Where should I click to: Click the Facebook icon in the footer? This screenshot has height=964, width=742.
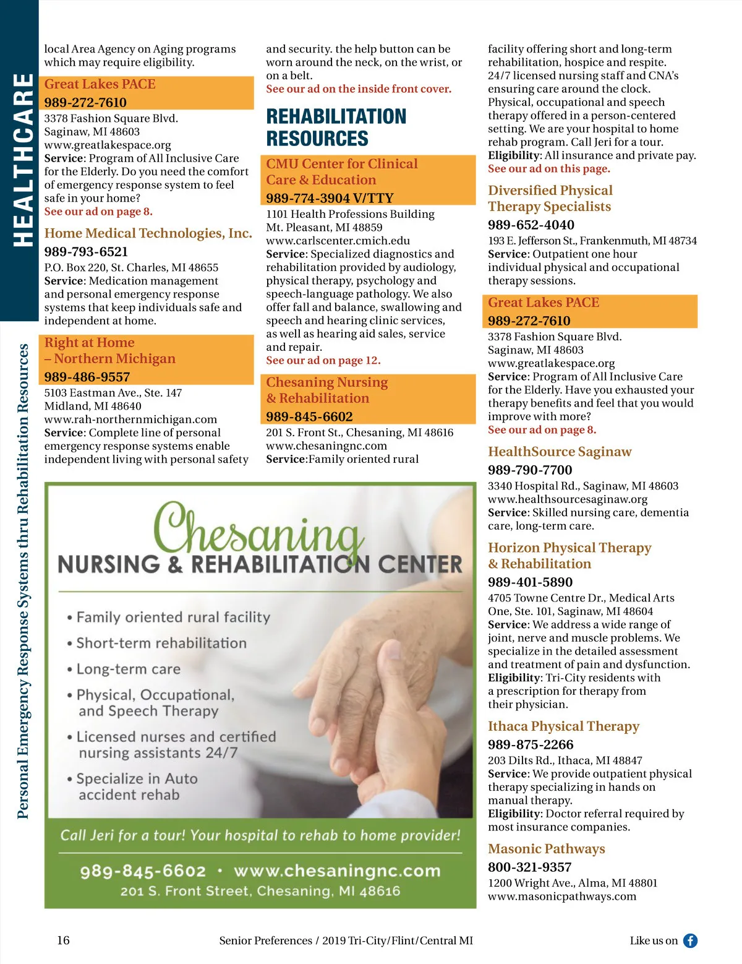(x=690, y=941)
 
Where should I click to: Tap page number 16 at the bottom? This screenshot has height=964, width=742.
(x=63, y=940)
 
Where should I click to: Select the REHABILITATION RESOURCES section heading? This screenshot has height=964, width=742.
(x=336, y=127)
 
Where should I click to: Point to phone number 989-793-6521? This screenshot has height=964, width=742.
(x=86, y=252)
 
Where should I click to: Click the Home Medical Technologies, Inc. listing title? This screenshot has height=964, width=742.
(x=148, y=233)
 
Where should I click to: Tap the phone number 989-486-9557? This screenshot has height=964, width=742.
(x=87, y=377)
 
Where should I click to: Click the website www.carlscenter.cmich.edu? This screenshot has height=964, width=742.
(x=338, y=241)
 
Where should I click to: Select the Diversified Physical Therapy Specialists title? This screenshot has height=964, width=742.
(x=550, y=199)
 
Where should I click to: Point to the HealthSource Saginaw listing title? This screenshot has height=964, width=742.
(x=560, y=452)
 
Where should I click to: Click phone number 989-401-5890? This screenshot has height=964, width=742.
(x=530, y=582)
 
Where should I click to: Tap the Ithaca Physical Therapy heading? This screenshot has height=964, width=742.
(x=563, y=726)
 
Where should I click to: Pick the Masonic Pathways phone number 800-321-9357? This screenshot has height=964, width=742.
(x=529, y=867)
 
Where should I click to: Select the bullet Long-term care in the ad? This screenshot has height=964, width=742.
(x=128, y=669)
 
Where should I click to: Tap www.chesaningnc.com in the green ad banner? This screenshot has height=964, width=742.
(x=337, y=871)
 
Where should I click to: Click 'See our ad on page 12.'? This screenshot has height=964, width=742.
(x=323, y=361)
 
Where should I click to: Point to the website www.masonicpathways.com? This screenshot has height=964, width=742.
(x=561, y=897)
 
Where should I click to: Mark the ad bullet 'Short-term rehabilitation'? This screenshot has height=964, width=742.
(x=161, y=643)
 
